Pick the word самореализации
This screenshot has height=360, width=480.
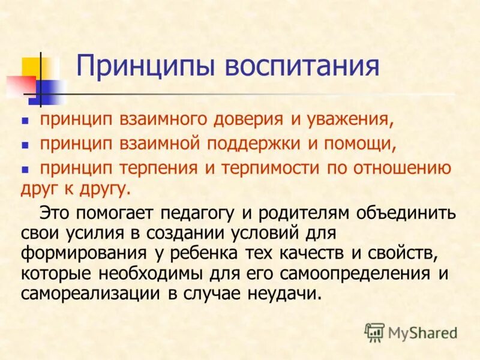pos(91,293)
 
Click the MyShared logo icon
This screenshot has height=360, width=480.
pos(374,331)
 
